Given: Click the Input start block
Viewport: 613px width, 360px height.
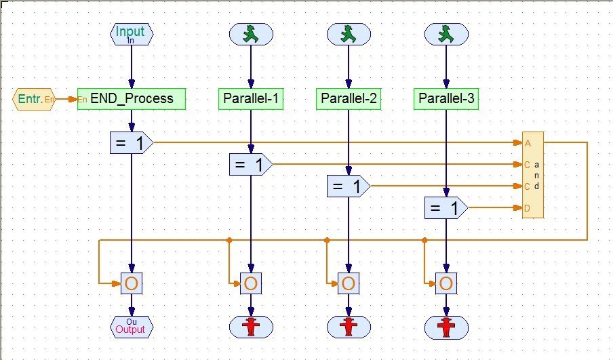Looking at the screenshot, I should tap(132, 34).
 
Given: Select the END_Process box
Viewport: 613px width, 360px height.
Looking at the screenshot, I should tap(131, 99).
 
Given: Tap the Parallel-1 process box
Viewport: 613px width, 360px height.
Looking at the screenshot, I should tap(251, 99).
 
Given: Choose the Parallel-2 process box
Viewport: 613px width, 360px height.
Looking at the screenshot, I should tap(349, 99).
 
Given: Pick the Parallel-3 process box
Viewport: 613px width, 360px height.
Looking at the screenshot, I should tap(446, 99).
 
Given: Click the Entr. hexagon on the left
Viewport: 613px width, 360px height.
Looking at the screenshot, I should tap(33, 99).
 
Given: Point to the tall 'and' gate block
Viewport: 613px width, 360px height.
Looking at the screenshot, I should tap(532, 175).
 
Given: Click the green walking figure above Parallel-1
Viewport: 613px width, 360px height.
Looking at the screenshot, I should tap(251, 34).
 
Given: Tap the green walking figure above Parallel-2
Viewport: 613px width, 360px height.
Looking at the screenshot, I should tap(349, 34).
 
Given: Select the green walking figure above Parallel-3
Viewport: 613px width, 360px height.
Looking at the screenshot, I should tap(446, 34).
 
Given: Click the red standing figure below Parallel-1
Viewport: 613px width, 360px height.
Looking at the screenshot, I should tap(251, 327).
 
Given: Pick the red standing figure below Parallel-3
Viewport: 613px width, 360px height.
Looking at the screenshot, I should tap(446, 327).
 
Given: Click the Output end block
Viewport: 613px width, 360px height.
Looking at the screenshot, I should tap(132, 327).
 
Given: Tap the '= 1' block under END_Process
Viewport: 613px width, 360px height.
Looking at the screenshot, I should tap(131, 142).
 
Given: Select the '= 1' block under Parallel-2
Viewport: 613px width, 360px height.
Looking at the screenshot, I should tap(348, 186).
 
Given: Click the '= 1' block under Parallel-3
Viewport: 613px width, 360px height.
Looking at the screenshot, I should tap(446, 208).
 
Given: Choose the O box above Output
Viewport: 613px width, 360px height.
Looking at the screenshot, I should tap(132, 283).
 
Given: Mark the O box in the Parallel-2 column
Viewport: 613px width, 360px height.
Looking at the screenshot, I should tap(349, 283).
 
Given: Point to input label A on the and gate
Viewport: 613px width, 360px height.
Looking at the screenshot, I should tap(527, 143).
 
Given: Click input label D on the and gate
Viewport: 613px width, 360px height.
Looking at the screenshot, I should tap(527, 208).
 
